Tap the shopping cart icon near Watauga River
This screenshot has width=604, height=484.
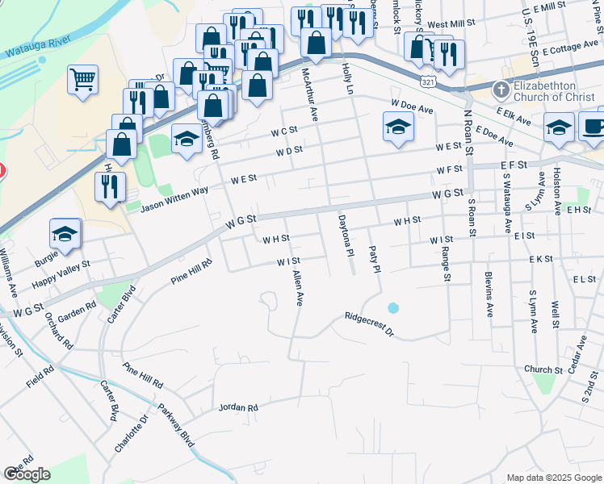tap(82, 80)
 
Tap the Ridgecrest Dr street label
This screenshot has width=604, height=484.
tap(367, 323)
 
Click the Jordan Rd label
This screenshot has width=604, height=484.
tap(238, 408)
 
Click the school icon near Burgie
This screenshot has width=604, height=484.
tap(65, 234)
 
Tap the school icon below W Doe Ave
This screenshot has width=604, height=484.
tap(397, 127)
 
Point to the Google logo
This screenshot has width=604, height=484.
tap(27, 474)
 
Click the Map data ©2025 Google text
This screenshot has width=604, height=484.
tap(553, 478)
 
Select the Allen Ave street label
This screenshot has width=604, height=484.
tap(297, 289)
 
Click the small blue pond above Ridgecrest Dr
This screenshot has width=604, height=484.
tap(392, 307)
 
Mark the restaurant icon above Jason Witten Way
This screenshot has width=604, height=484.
tap(110, 186)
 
